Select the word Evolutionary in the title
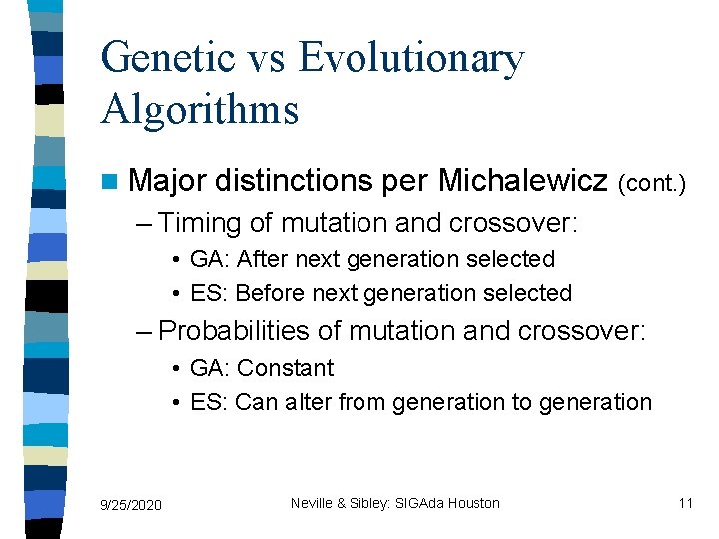click(411, 60)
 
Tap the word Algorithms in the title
click(200, 108)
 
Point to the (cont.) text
click(652, 184)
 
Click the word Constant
click(285, 368)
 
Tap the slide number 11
click(685, 503)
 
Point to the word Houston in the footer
click(473, 503)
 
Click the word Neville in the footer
click(312, 503)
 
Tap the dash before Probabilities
click(146, 330)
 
